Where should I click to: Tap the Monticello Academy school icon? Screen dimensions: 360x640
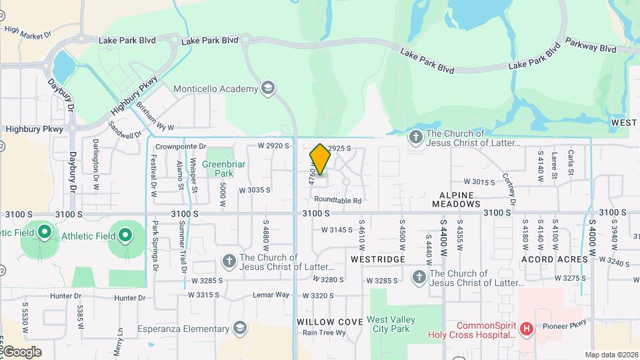tap(268, 89)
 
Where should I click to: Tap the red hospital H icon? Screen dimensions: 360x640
tap(527, 329)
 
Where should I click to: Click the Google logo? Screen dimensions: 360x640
tap(21, 352)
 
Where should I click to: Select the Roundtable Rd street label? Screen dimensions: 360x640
tap(337, 200)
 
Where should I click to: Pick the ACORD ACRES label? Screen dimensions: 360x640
tap(555, 259)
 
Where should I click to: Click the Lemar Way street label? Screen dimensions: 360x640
tap(271, 295)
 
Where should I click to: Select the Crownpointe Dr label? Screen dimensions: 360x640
tap(181, 146)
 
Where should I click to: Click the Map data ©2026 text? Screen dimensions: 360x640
tap(611, 355)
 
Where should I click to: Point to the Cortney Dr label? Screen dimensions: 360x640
tap(510, 190)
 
